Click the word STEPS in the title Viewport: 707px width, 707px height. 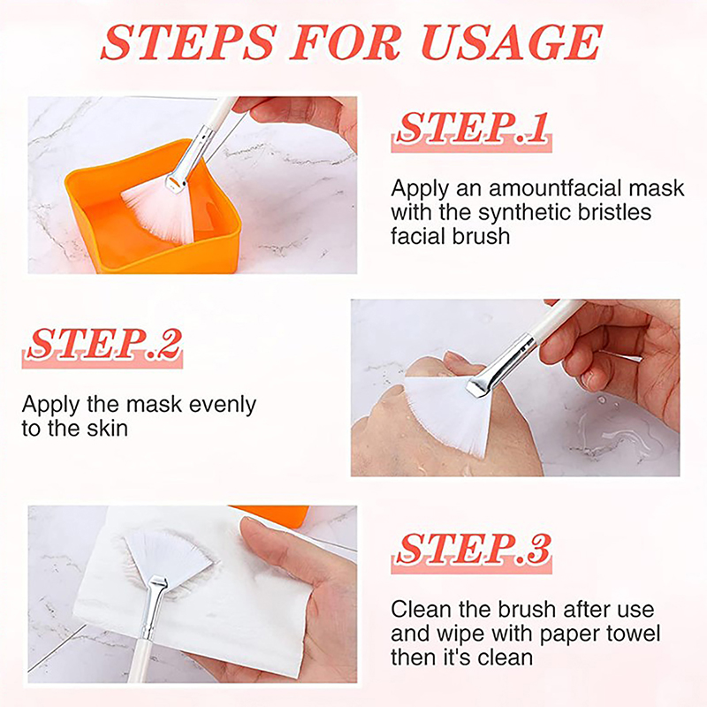[x=188, y=42]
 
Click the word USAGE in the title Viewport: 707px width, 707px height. [x=512, y=42]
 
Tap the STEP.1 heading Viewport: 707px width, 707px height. [x=472, y=128]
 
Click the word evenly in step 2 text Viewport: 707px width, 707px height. [x=223, y=406]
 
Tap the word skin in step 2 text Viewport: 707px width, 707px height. [x=107, y=429]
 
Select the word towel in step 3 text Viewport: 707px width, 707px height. [x=633, y=634]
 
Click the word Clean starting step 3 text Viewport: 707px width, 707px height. [x=422, y=610]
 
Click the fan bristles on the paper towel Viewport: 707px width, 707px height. [x=167, y=556]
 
